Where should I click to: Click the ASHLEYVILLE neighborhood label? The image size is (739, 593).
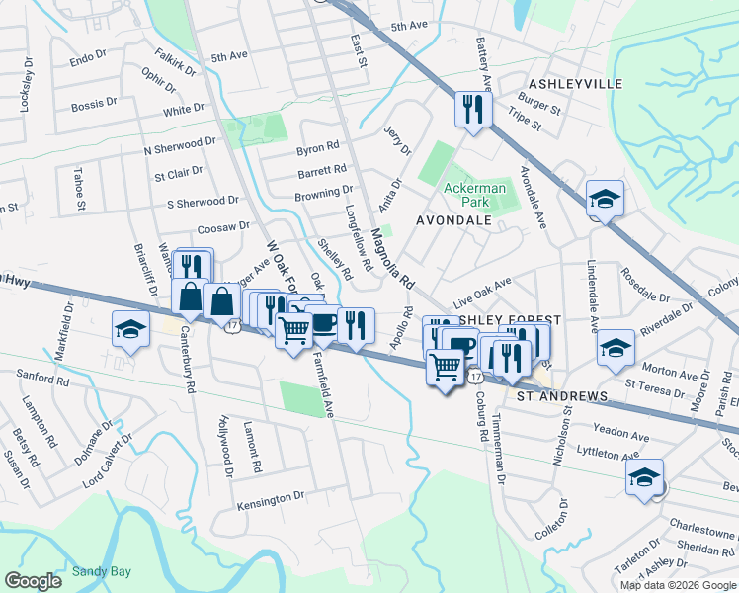576,84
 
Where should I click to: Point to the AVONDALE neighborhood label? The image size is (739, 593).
453,220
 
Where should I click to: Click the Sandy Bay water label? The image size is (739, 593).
102,571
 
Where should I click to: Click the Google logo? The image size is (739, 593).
34,581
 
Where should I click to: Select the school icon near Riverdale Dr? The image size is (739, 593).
616,347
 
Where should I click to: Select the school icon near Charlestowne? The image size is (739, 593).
644,477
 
